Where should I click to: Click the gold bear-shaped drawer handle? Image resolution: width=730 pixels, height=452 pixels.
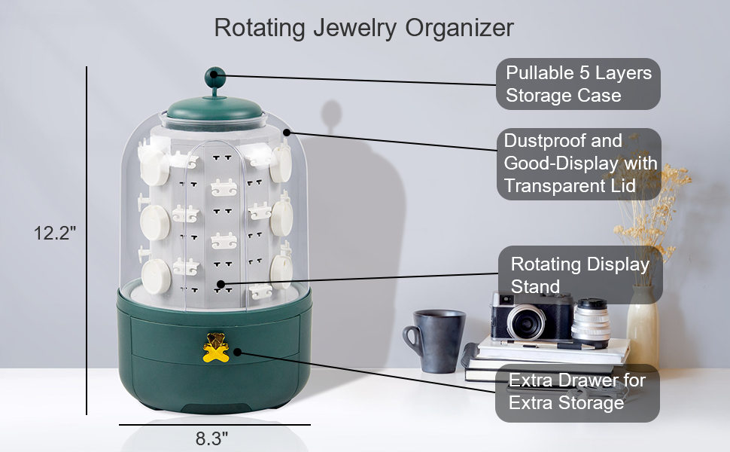point(216,347)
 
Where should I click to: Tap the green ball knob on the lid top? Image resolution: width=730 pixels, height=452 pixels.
point(214,76)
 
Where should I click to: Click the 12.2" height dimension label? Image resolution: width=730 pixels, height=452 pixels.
point(54,232)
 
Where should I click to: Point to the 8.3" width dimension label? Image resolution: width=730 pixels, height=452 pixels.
point(211,438)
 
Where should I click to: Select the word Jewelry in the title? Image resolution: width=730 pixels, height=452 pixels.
point(354,28)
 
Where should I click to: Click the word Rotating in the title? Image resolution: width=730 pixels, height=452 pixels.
point(260,28)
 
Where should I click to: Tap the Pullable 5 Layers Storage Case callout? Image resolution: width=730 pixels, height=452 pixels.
point(578,84)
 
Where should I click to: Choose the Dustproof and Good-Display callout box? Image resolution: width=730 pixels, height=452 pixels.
point(579,163)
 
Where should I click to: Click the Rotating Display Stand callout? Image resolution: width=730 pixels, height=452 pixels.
point(580,275)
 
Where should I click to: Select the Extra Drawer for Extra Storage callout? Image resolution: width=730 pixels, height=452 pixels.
point(577,392)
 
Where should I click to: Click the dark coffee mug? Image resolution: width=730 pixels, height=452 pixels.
point(434,341)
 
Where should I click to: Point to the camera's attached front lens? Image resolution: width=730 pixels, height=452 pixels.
point(526,322)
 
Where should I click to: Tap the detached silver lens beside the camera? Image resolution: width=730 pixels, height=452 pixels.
point(591,322)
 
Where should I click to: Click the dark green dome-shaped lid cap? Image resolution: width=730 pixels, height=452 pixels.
point(214,108)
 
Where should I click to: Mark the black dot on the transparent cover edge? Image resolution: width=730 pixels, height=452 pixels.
point(287,133)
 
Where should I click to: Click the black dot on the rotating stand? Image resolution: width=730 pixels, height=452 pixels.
point(221,284)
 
